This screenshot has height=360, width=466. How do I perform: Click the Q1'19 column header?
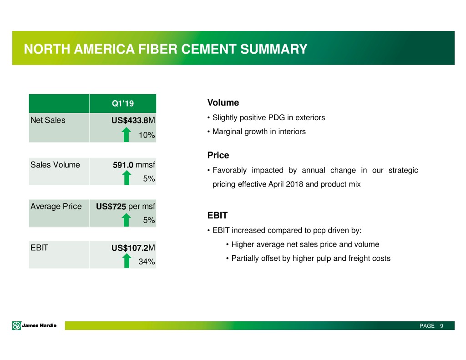pyautogui.click(x=123, y=103)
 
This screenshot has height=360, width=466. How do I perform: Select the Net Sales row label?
pyautogui.click(x=48, y=120)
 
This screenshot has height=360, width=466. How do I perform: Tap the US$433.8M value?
pyautogui.click(x=133, y=121)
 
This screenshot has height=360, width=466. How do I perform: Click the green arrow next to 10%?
pyautogui.click(x=127, y=134)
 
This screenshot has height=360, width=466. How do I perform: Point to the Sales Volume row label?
pyautogui.click(x=55, y=165)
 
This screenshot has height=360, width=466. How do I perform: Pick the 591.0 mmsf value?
pyautogui.click(x=134, y=165)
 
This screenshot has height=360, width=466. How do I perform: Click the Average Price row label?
pyautogui.click(x=56, y=206)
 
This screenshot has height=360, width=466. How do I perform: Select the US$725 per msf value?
pyautogui.click(x=126, y=206)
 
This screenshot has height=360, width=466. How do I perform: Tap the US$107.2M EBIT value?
pyautogui.click(x=133, y=248)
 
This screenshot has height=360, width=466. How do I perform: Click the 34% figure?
pyautogui.click(x=147, y=262)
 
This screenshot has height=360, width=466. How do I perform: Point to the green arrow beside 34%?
pyautogui.click(x=127, y=261)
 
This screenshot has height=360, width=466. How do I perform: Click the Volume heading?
pyautogui.click(x=223, y=102)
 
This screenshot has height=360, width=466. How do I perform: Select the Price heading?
pyautogui.click(x=218, y=155)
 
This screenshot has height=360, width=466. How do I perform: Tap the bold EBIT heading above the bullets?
pyautogui.click(x=218, y=215)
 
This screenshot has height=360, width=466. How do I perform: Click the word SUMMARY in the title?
pyautogui.click(x=274, y=49)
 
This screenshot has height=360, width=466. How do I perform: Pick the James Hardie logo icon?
pyautogui.click(x=17, y=325)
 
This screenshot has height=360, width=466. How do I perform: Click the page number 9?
pyautogui.click(x=441, y=326)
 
